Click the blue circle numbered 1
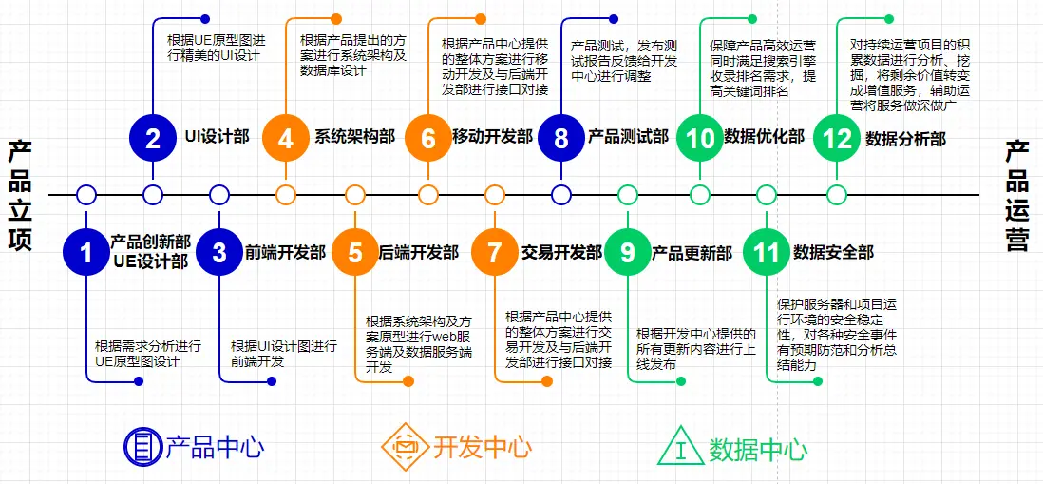[86, 252]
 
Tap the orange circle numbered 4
[286, 139]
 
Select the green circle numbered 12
[838, 139]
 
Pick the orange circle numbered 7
[495, 252]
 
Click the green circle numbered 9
[628, 252]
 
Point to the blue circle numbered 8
[561, 139]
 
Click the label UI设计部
[217, 137]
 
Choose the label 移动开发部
[492, 137]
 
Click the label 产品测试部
[628, 137]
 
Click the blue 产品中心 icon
[142, 446]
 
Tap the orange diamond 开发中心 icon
[405, 446]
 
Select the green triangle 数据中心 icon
[680, 447]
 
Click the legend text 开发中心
[483, 447]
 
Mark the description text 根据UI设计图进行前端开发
[284, 354]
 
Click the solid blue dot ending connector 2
[205, 18]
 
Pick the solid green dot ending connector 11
[818, 381]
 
